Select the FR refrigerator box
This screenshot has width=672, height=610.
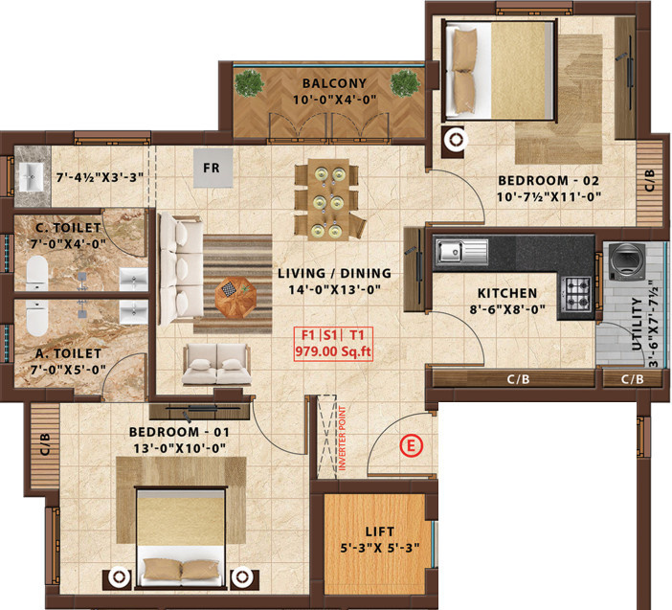coord(212,166)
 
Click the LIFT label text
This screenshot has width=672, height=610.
coord(379,530)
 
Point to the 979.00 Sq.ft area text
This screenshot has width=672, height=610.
coord(333,351)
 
